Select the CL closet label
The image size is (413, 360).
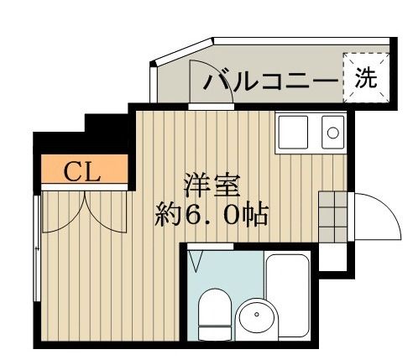82,173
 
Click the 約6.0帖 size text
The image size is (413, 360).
211,215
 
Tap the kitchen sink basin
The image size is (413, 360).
294,131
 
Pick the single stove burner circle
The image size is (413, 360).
333,132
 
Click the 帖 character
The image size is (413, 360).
253,215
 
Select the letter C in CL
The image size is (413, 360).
73,173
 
